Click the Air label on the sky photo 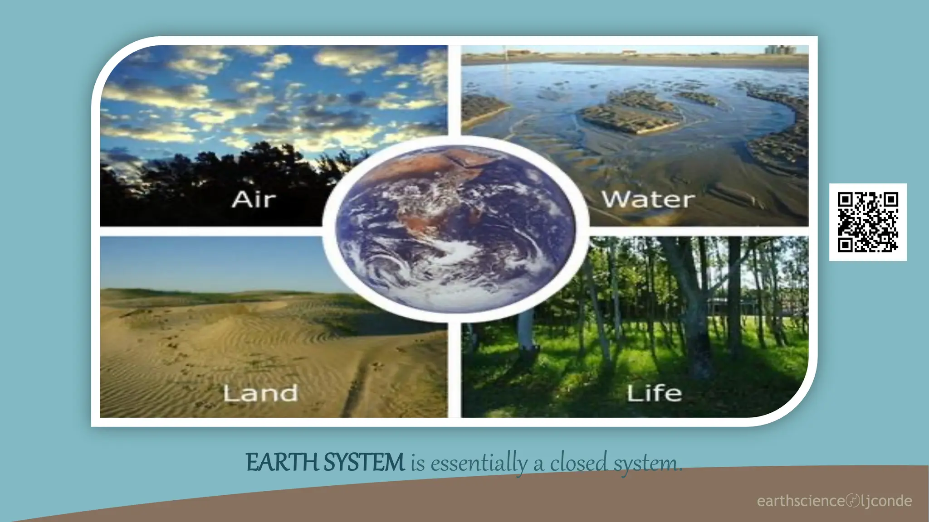click(x=254, y=199)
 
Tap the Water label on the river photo click(x=648, y=199)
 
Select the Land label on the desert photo click(x=260, y=393)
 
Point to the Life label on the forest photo click(x=654, y=393)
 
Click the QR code click(x=868, y=222)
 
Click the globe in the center click(x=455, y=229)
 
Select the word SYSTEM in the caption click(x=364, y=463)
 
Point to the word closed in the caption click(x=578, y=463)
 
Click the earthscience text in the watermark click(x=801, y=501)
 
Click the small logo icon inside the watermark click(x=853, y=501)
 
